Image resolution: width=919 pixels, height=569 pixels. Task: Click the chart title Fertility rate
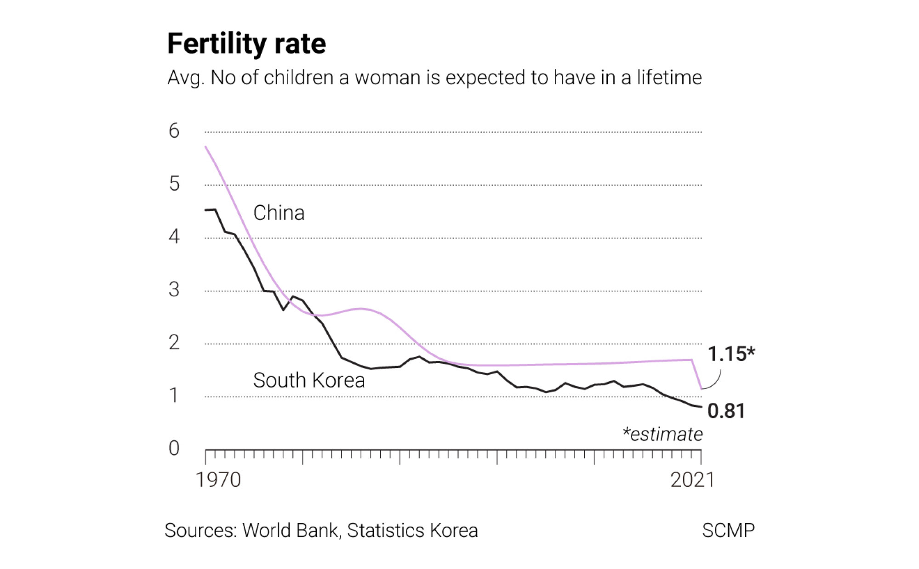tap(246, 44)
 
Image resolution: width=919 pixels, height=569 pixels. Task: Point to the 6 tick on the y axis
tap(174, 131)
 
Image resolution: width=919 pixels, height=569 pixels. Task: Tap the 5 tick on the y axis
tap(174, 184)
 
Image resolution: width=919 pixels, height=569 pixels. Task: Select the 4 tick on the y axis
tap(174, 237)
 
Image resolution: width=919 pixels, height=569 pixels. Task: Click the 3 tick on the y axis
tap(174, 289)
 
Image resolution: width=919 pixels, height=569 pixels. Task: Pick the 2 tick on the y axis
tap(174, 343)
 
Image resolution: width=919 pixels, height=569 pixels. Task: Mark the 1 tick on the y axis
tap(174, 395)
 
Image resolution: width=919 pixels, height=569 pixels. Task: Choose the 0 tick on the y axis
tap(174, 448)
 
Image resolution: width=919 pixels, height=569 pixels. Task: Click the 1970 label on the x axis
tap(218, 480)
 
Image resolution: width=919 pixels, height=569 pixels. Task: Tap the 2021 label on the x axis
tap(692, 480)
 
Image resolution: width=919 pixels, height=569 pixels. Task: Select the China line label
tap(279, 213)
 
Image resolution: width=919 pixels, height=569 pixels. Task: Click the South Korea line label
tap(308, 380)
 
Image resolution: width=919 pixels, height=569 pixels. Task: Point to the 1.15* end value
tap(731, 354)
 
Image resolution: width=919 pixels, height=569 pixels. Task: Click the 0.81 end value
tap(726, 411)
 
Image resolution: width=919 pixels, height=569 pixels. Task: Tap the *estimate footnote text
tap(662, 434)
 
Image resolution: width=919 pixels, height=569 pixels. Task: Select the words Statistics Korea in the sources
tap(412, 530)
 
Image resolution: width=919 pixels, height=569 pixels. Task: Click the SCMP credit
tap(728, 530)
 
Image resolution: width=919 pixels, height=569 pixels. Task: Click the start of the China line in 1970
tap(205, 147)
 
